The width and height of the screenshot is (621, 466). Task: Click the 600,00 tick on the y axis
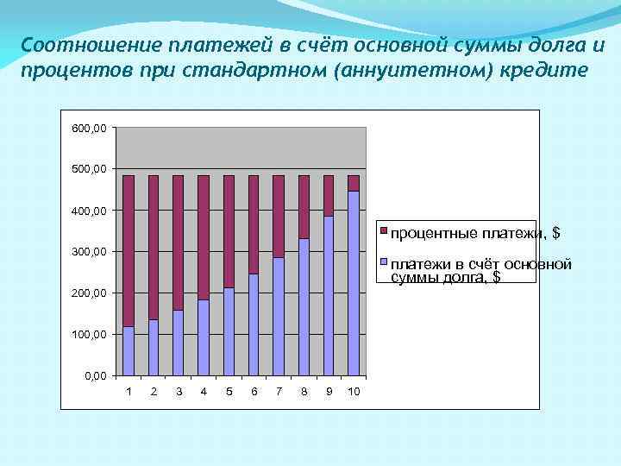[90, 128]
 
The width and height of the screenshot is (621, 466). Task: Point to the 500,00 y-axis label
[90, 169]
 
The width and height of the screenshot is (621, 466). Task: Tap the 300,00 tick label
[90, 252]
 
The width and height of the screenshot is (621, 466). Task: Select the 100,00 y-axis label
[90, 335]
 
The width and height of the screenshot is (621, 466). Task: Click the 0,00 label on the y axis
[96, 376]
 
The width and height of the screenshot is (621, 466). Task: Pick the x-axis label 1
[129, 392]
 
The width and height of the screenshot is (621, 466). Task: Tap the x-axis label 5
[229, 392]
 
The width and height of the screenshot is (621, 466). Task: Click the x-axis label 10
[354, 392]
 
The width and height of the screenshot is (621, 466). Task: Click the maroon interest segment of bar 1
[129, 250]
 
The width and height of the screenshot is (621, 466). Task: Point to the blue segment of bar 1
[129, 351]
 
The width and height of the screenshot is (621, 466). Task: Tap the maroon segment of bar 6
[254, 224]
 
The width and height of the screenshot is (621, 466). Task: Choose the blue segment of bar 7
[279, 316]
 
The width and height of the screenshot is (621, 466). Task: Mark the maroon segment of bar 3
[179, 242]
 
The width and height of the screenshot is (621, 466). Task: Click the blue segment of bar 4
[204, 337]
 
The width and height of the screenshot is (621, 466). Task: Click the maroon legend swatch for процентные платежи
[385, 232]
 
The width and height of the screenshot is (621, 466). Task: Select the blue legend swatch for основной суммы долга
[385, 263]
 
